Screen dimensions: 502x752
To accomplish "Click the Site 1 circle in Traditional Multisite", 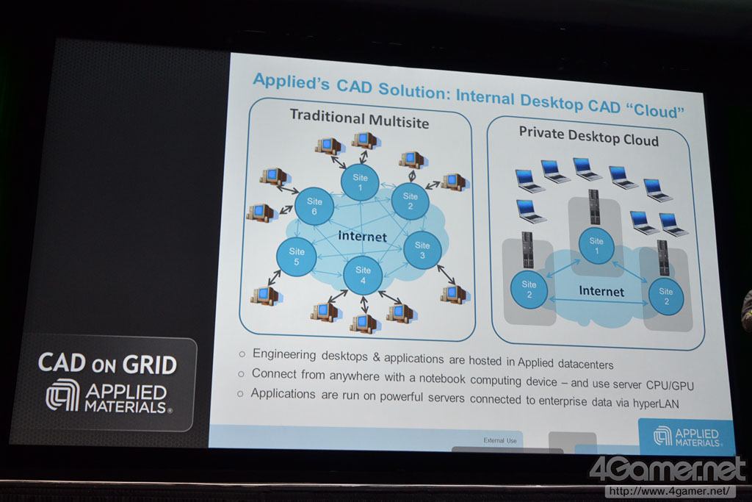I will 360,182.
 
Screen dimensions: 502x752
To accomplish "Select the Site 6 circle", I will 314,206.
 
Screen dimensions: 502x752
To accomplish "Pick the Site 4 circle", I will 363,275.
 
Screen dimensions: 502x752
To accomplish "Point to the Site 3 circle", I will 422,250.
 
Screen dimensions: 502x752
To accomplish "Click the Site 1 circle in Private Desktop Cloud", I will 596,245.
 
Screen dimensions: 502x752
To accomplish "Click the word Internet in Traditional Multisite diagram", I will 361,237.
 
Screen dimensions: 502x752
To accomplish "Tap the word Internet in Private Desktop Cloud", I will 601,291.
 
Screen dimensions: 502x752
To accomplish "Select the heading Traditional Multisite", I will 359,118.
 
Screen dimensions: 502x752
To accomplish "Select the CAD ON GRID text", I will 107,364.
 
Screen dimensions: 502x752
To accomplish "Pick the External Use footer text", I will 499,440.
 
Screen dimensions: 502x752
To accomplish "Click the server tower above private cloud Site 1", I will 593,207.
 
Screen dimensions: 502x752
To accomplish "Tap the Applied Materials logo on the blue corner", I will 686,436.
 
